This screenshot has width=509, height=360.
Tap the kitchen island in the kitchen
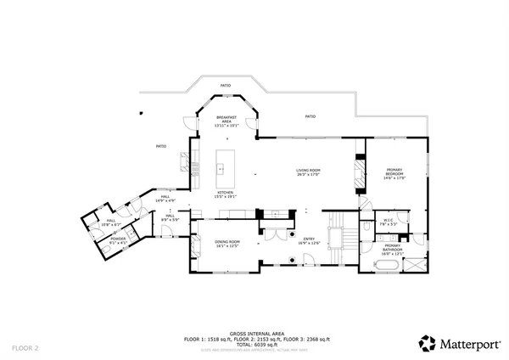coord(225,169)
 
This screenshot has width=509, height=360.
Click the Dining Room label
coord(227,243)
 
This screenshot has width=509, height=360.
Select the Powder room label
coord(118,240)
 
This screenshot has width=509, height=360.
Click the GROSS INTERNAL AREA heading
coord(254,333)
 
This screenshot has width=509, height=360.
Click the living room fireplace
coord(359,174)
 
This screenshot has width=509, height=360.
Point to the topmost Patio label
coord(226,86)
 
